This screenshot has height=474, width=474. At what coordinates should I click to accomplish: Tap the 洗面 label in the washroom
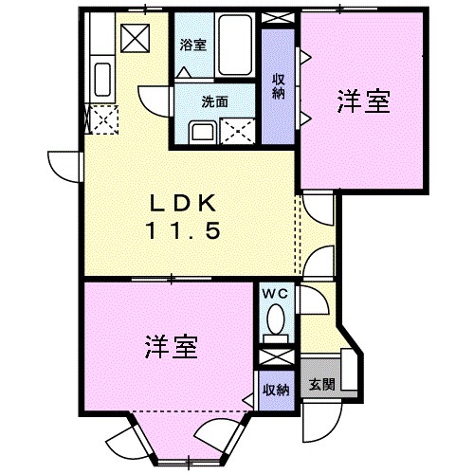click(x=214, y=100)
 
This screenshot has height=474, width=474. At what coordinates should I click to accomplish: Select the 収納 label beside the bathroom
click(x=279, y=86)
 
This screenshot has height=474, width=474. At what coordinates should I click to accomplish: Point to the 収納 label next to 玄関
click(x=276, y=389)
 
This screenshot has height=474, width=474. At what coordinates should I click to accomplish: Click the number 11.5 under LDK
click(x=187, y=230)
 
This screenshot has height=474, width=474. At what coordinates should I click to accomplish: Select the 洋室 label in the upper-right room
click(x=364, y=102)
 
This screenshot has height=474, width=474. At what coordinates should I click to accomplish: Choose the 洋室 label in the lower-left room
click(x=172, y=347)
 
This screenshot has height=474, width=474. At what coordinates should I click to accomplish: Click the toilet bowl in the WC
click(x=277, y=319)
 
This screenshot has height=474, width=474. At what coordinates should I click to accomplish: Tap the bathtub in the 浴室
click(x=231, y=43)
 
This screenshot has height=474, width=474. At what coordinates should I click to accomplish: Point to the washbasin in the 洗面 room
click(x=201, y=130)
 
